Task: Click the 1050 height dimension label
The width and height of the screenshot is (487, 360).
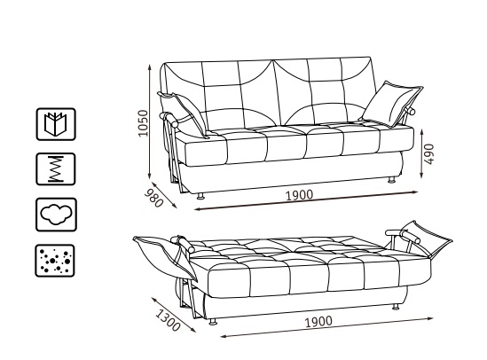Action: point(143,123)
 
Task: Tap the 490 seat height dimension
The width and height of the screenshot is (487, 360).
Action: point(429,154)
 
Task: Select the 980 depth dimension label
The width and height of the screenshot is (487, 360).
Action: point(154,198)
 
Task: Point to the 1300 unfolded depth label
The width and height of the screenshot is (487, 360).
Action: point(168,321)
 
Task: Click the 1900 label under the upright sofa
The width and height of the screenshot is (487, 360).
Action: point(300,195)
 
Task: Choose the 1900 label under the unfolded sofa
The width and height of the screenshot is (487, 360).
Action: point(318,322)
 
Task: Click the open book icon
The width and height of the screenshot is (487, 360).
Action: point(56,124)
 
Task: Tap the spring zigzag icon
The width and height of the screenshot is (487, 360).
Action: point(56,169)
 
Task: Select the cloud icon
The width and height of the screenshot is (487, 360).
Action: point(56,215)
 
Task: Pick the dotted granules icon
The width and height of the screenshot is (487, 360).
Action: point(55,261)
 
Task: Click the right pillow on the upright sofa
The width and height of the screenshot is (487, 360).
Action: point(392,104)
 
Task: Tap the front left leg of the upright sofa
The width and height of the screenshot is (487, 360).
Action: point(200,195)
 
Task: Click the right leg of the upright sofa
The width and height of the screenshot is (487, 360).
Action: point(392,179)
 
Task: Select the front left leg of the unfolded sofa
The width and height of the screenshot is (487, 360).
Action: point(213,322)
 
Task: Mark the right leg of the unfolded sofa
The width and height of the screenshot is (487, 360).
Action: point(396,307)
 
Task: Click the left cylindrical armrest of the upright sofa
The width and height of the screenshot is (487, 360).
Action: point(169,120)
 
